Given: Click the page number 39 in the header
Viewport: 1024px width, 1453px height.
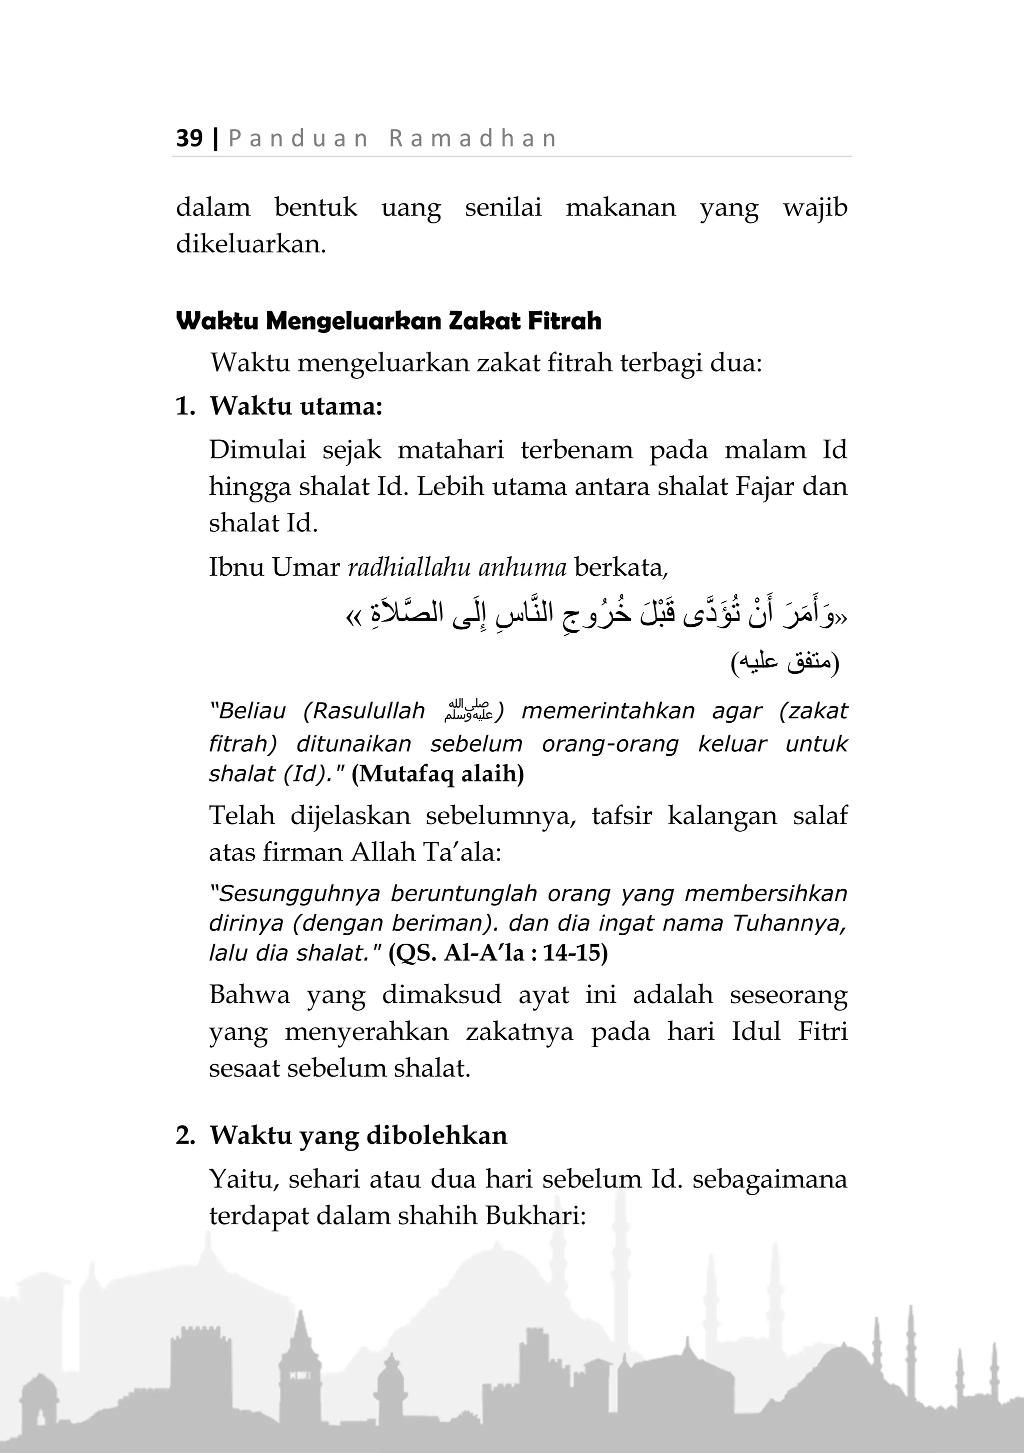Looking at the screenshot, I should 189,138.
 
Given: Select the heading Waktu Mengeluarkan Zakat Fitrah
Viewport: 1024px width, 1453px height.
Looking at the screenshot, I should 388,321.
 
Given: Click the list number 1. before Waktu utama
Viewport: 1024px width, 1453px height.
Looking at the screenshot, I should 185,406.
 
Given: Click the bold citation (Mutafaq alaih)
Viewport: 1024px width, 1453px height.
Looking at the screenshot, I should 437,773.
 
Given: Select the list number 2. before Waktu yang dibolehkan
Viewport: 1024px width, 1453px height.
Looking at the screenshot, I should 185,1136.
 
